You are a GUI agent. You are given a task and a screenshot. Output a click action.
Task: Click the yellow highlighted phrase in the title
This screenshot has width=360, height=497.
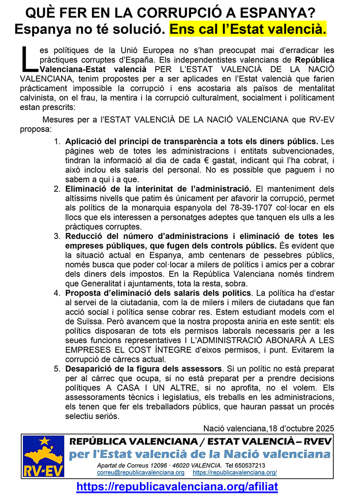[x=247, y=30]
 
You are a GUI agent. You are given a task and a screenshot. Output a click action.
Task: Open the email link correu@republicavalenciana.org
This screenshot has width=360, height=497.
[x=141, y=473]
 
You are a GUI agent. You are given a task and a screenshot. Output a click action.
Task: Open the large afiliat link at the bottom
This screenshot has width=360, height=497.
[x=177, y=486]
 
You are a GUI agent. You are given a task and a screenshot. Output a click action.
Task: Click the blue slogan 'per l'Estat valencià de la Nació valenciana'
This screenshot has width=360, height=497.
[x=199, y=454]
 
